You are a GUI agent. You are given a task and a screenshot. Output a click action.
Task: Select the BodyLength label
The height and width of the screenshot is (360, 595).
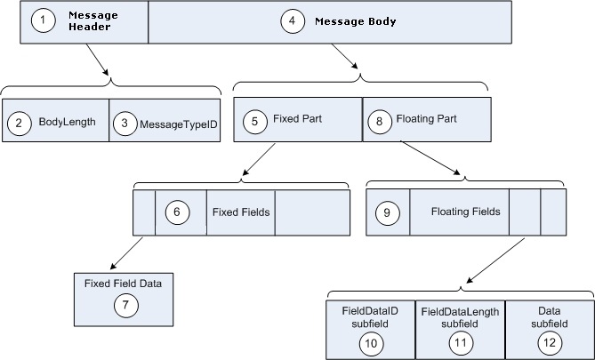[x=67, y=123]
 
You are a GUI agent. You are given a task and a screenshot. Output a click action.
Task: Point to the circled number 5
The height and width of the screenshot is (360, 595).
[x=254, y=119]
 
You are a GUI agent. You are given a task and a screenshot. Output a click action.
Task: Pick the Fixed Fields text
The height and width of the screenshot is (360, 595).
[x=241, y=212]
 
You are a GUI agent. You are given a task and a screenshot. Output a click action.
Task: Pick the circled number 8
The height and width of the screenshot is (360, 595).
[x=382, y=119]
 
